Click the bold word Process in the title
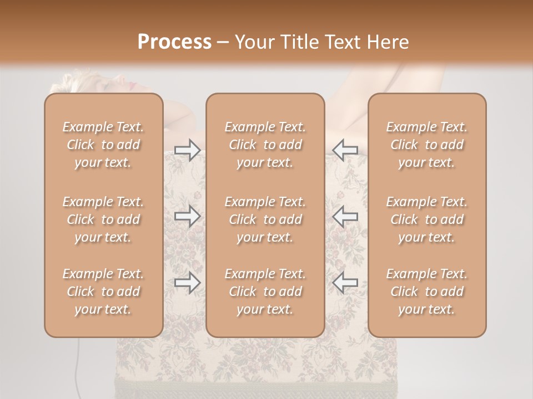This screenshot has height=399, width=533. click(174, 42)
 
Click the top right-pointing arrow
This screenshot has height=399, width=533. click(187, 150)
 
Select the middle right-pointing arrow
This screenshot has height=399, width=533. click(187, 216)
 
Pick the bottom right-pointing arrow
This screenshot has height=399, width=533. click(187, 283)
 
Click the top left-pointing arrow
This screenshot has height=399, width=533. click(345, 150)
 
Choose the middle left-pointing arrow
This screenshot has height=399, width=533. click(345, 216)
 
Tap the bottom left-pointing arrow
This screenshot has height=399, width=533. click(345, 283)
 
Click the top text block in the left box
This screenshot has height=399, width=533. click(103, 145)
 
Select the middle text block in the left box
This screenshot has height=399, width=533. click(103, 219)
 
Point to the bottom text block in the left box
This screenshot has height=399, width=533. click(103, 291)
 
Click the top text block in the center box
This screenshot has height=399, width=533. click(265, 145)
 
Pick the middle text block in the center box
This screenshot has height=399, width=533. click(265, 219)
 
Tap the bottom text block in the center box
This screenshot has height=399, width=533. click(265, 291)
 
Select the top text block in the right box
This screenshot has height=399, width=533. click(427, 145)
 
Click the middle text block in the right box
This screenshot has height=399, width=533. click(427, 219)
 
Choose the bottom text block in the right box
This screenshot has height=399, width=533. click(427, 291)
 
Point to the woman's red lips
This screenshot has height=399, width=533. click(132, 86)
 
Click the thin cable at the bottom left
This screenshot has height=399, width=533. click(79, 355)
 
